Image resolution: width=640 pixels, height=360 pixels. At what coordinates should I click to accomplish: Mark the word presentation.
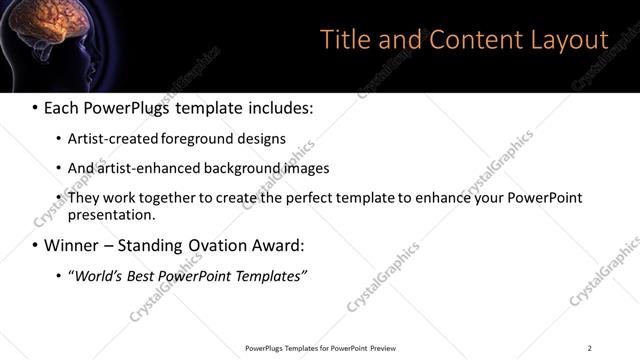[x=110, y=215]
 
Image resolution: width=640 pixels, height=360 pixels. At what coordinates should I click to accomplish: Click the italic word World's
[x=99, y=276]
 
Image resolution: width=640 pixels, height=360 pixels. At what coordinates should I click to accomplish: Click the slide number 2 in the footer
[x=589, y=348]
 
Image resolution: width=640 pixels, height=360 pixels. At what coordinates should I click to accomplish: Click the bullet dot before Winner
[x=35, y=245]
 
